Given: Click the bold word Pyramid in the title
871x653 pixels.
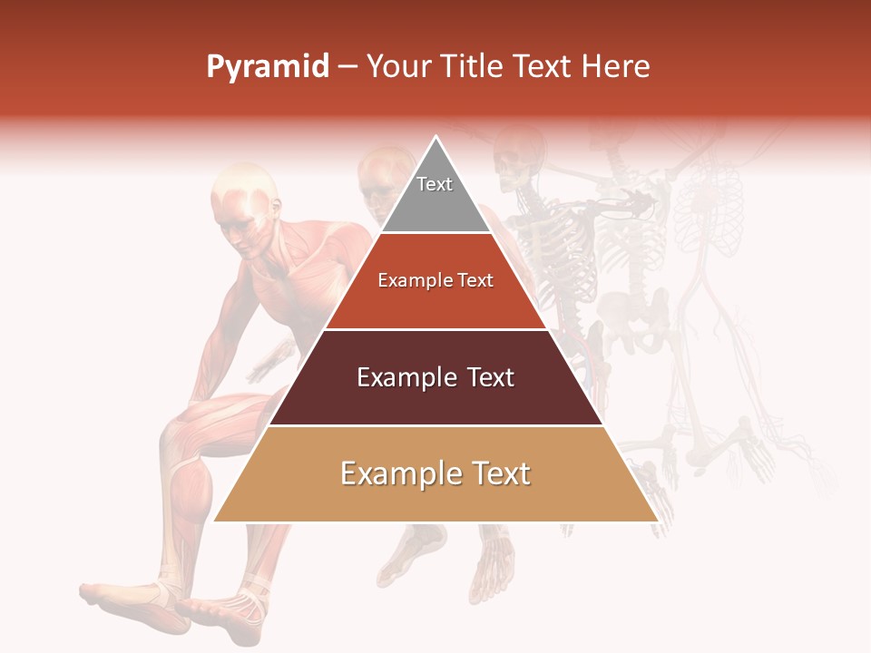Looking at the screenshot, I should pos(267,67).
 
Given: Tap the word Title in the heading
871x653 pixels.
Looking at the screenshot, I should pos(472,66).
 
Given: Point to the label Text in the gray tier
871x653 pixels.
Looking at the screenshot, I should pos(435,184).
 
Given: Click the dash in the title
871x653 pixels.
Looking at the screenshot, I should pos(347,67).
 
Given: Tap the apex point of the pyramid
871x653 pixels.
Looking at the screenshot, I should pos(435,139).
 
